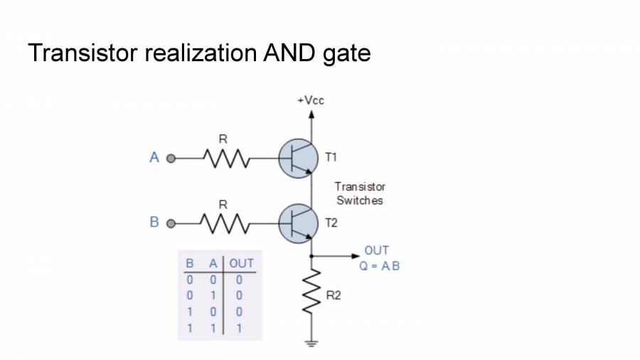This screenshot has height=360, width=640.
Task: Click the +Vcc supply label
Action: point(311,100)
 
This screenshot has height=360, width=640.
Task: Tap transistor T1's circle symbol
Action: point(297,158)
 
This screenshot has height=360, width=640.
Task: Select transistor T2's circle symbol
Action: point(297,223)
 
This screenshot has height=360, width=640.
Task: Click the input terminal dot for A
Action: point(170,158)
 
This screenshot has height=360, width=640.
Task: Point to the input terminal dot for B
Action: point(170,223)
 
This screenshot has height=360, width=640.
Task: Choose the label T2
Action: point(331,223)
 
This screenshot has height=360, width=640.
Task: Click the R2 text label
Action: point(334,295)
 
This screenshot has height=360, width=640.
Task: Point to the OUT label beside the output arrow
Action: point(376,250)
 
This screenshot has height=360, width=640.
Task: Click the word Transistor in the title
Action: point(80,53)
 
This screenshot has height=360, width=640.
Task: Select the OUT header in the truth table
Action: point(241,263)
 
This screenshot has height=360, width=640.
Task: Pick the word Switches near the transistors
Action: point(360,201)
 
